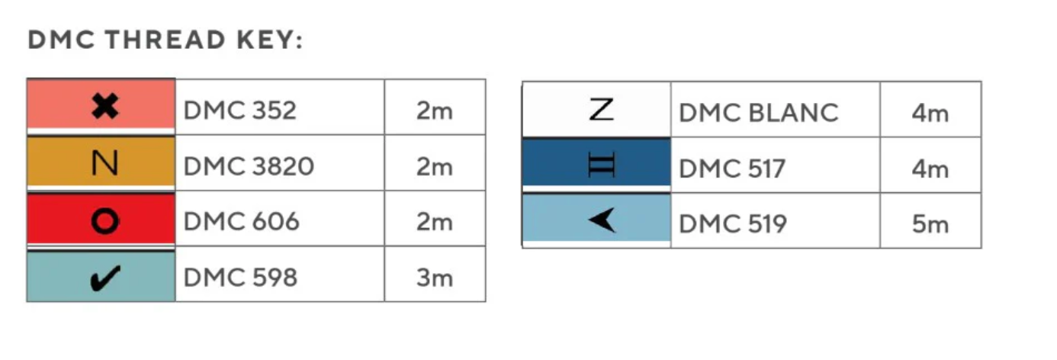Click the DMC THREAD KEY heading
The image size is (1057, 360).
tap(165, 41)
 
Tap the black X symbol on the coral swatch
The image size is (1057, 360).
tap(104, 107)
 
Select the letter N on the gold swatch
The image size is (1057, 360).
tap(104, 164)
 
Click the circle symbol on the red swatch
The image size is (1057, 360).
tap(104, 221)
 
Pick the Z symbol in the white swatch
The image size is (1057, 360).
tap(601, 111)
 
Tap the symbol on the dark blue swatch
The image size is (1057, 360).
tap(601, 166)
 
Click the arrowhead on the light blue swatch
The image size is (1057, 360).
tap(601, 221)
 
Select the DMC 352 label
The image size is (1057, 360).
tap(239, 111)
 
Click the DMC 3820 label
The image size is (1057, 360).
tap(249, 166)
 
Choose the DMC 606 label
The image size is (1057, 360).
tap(241, 222)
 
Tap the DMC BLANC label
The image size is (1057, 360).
tap(758, 113)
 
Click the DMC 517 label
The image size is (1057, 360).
tap(731, 169)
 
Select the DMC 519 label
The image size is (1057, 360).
tap(733, 224)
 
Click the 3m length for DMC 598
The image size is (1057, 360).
tap(435, 278)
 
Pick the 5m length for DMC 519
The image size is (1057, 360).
tap(930, 224)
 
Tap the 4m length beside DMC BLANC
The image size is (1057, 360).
tap(930, 113)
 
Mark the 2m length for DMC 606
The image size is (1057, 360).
tap(435, 222)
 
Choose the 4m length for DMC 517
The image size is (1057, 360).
tap(930, 169)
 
